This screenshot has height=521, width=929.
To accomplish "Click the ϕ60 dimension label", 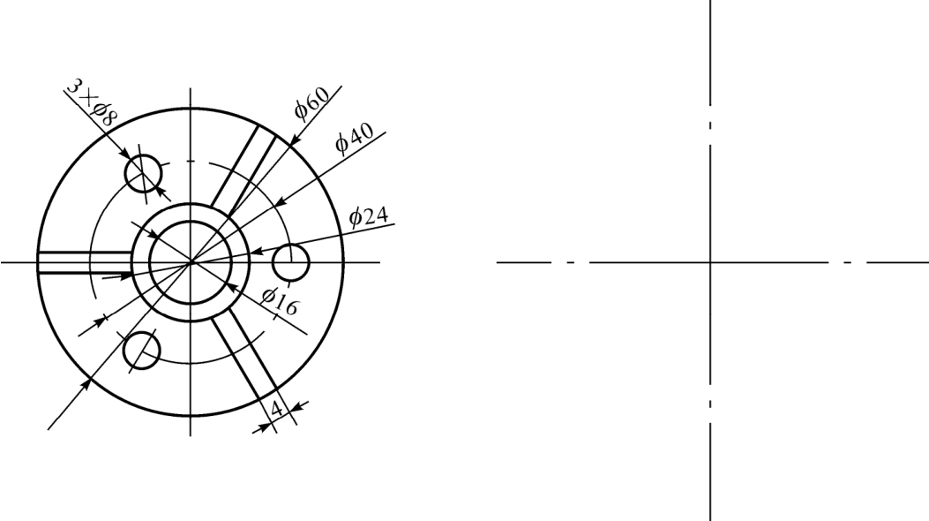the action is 311,103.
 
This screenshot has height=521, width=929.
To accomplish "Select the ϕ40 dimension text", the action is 355,138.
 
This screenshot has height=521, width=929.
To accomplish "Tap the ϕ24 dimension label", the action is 369,216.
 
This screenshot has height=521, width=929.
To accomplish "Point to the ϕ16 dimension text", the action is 281,301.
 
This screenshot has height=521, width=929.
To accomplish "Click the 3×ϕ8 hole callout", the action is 91,102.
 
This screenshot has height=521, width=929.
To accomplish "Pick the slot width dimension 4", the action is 276,409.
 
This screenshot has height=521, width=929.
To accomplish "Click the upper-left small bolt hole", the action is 144,174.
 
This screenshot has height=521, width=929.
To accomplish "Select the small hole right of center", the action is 291,262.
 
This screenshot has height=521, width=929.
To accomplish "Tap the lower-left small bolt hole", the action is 142,351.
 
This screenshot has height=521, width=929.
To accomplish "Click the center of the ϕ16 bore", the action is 191,261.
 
